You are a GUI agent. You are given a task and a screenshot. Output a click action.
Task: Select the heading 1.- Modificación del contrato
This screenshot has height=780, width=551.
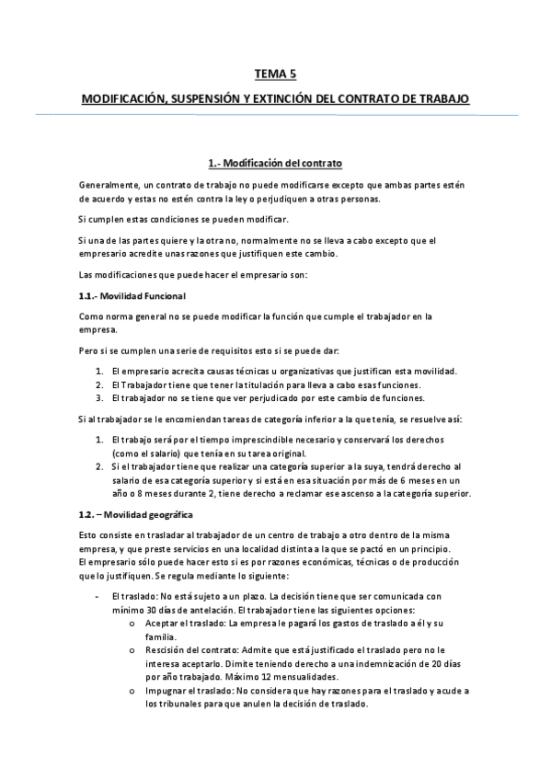pos(275,164)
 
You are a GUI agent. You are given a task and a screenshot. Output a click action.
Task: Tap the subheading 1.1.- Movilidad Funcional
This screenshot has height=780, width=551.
pos(132,296)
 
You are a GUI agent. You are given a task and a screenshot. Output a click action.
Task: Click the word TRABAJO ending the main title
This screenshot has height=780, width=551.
pos(440,97)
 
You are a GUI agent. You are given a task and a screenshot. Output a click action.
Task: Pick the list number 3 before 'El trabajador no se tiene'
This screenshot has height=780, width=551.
pos(99,398)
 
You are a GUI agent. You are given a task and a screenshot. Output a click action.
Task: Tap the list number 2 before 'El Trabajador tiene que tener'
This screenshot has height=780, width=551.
pos(99,384)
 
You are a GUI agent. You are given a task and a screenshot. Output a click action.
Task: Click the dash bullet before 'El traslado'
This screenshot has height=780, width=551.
pos(99,597)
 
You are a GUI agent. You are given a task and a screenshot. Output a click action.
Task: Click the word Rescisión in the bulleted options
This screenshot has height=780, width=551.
pos(166,650)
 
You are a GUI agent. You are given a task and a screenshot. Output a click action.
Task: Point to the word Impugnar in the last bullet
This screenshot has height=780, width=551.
pos(166,690)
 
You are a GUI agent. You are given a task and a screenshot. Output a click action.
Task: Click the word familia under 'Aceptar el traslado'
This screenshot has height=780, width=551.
pos(160,637)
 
